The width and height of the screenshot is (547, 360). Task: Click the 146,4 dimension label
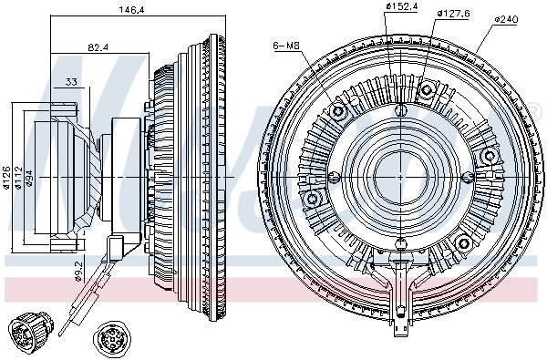tap(132, 10)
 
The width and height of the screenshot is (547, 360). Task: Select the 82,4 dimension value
tap(98, 47)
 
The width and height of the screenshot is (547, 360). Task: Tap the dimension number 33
tap(71, 82)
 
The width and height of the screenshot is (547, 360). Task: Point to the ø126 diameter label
tap(6, 178)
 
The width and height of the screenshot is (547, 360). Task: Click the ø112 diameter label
tap(18, 178)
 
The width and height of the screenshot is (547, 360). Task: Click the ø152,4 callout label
tap(401, 6)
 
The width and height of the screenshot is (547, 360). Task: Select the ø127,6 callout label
tap(453, 14)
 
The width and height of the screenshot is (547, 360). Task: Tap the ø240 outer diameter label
tap(506, 19)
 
